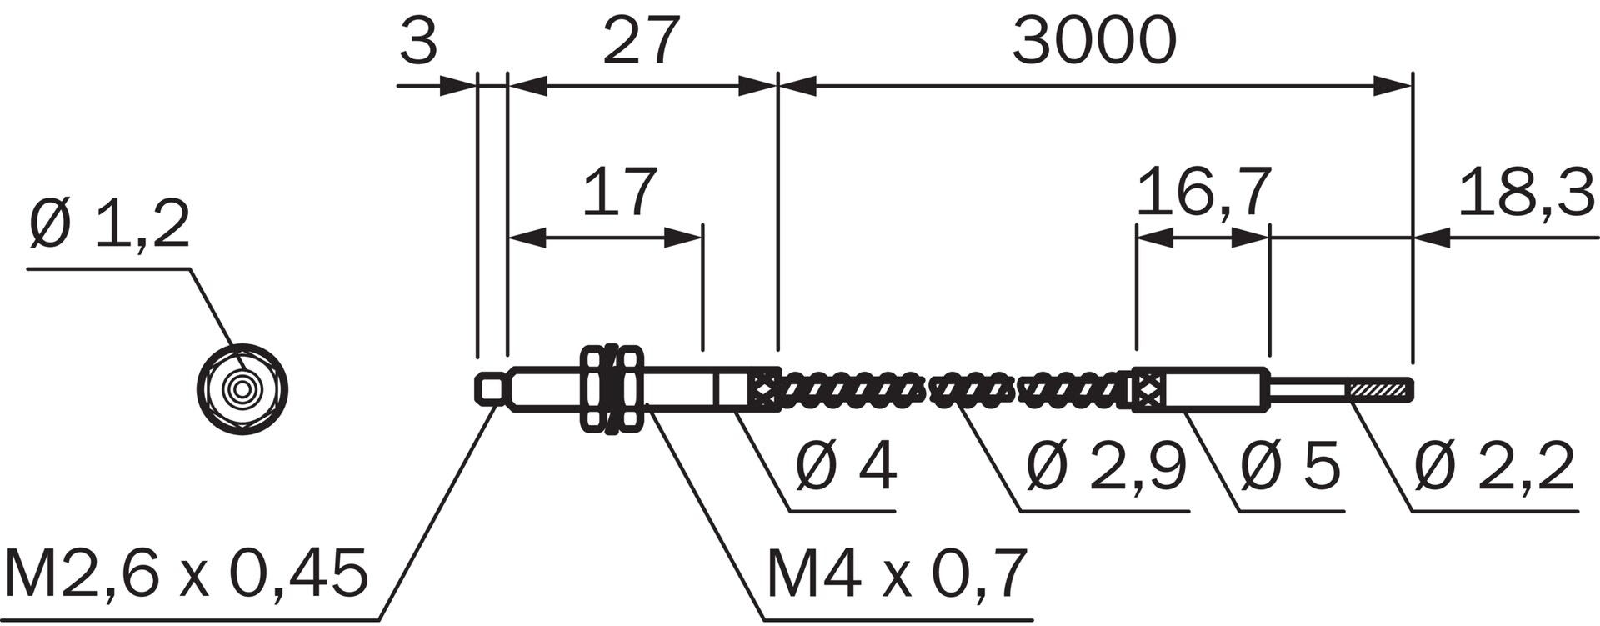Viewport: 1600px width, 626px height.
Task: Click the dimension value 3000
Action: pyautogui.click(x=1093, y=42)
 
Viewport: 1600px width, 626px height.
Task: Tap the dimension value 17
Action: pyautogui.click(x=619, y=193)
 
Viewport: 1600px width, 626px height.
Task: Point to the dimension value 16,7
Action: pyautogui.click(x=1203, y=193)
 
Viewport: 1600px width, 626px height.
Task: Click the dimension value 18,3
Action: pyautogui.click(x=1525, y=193)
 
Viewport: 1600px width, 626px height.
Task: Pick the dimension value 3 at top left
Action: pyautogui.click(x=418, y=42)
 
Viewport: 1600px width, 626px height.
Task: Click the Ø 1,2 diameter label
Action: pyautogui.click(x=109, y=226)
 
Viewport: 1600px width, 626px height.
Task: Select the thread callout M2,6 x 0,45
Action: pyautogui.click(x=186, y=575)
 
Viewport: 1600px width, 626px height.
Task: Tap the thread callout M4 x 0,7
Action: pyautogui.click(x=896, y=575)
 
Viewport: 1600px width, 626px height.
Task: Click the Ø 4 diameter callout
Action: pyautogui.click(x=846, y=467)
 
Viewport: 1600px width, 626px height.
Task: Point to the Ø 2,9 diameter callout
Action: pyautogui.click(x=1106, y=467)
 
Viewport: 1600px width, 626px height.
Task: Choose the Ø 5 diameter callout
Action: pyautogui.click(x=1290, y=467)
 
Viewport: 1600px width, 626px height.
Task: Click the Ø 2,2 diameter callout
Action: pyautogui.click(x=1494, y=467)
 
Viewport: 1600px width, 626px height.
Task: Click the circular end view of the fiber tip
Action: pyautogui.click(x=242, y=389)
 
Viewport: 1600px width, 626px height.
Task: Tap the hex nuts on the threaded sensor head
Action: pyautogui.click(x=613, y=389)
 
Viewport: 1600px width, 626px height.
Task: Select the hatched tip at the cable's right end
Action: pyautogui.click(x=1380, y=390)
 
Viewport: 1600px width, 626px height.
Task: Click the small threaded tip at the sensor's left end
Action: pyautogui.click(x=491, y=389)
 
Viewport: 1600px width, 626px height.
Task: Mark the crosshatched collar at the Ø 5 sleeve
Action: pyautogui.click(x=1147, y=390)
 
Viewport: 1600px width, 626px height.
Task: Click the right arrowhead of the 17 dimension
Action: pyautogui.click(x=684, y=238)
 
